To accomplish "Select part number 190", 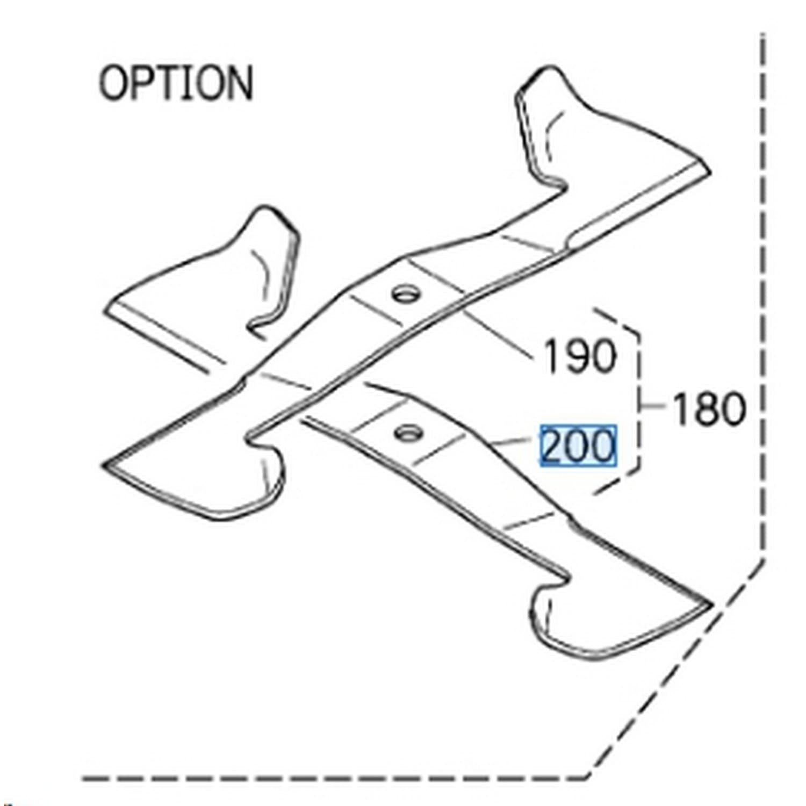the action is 579,355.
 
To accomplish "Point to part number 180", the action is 709,408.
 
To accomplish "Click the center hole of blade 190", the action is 406,294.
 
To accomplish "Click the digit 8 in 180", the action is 709,408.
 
